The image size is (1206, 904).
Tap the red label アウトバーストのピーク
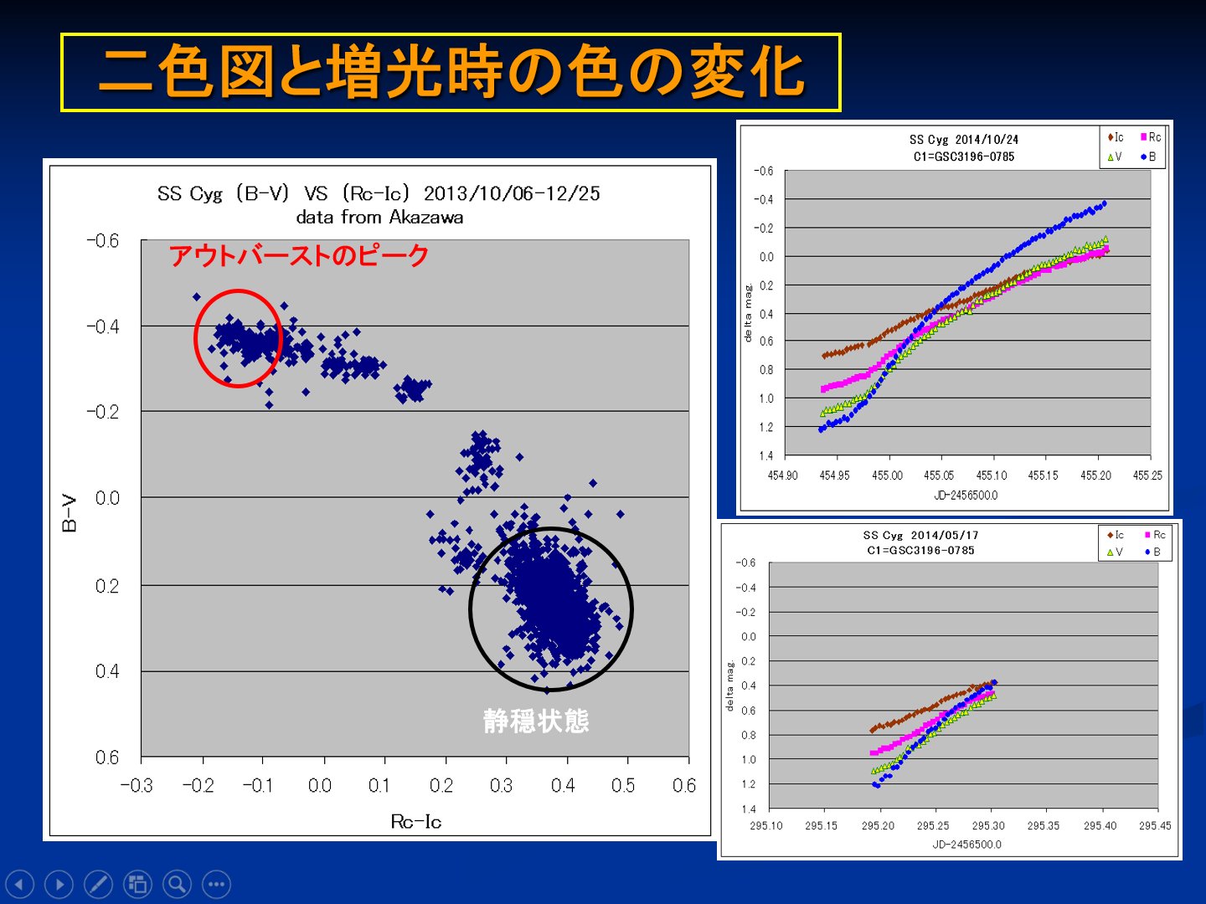pos(299,255)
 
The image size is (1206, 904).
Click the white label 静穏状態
pos(536,721)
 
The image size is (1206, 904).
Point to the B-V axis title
pos(70,514)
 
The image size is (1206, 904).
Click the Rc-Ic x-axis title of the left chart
pos(415,822)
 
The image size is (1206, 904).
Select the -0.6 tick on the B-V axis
pos(103,241)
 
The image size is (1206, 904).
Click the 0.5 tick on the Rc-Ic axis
pos(623,786)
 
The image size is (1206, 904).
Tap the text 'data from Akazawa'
pos(379,218)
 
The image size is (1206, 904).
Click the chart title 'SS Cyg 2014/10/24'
pos(964,140)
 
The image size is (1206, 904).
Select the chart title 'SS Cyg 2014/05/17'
pos(920,536)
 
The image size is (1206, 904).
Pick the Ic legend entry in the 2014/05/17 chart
pos(1116,535)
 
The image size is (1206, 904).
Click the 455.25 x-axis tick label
pos(1147,475)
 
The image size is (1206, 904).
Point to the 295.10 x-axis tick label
pos(766,825)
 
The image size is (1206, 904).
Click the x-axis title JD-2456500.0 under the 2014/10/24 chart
pos(966,496)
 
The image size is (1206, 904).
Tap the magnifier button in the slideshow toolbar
pos(177,884)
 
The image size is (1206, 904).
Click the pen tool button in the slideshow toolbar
pos(98,884)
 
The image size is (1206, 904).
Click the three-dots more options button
pos(216,884)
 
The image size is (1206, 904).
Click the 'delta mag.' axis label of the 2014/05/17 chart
pos(729,686)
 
